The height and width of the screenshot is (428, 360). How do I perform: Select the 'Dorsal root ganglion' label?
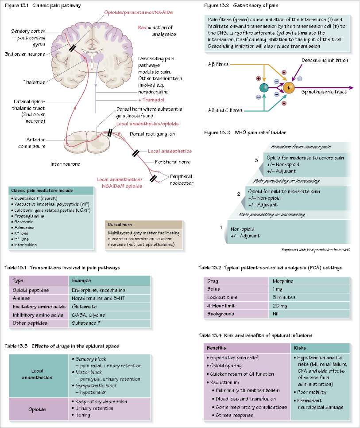152,134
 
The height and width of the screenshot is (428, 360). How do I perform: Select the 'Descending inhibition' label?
325,60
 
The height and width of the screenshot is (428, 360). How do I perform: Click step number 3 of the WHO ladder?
256,160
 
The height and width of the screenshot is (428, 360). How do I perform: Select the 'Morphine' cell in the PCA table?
283,281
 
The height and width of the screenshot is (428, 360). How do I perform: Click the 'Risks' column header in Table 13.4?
300,348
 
